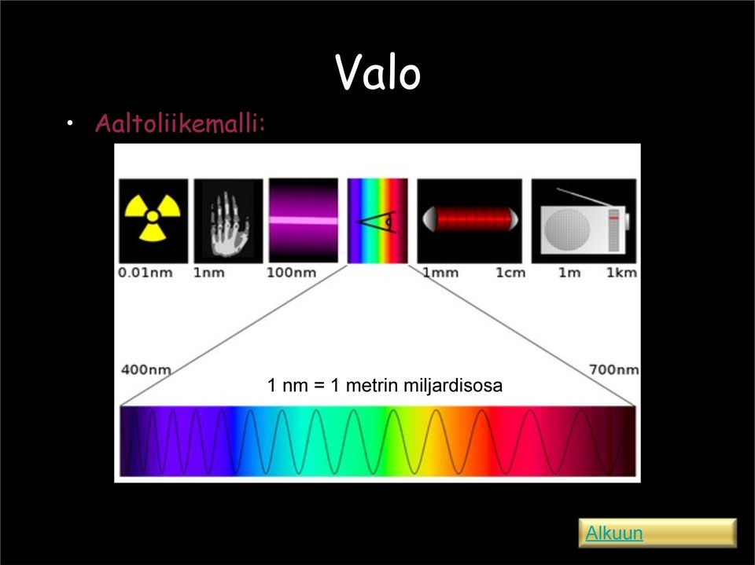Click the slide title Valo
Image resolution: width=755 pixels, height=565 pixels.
378,72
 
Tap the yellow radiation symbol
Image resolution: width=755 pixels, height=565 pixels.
153,217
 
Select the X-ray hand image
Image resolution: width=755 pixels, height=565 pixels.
228,221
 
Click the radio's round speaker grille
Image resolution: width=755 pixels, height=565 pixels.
567,230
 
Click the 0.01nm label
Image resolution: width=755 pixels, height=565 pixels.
145,273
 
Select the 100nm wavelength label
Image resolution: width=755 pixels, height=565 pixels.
291,273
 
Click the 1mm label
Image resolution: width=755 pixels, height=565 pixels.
440,273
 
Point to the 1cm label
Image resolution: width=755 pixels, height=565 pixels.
510,273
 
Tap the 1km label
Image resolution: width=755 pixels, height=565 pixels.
621,273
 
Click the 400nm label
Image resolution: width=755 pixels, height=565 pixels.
146,369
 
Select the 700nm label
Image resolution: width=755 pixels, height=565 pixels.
614,369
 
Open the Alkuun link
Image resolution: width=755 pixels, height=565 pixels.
614,534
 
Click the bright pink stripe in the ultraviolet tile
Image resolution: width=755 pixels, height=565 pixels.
304,221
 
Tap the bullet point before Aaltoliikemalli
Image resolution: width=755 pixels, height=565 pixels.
70,123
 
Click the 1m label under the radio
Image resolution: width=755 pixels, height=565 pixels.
569,273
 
